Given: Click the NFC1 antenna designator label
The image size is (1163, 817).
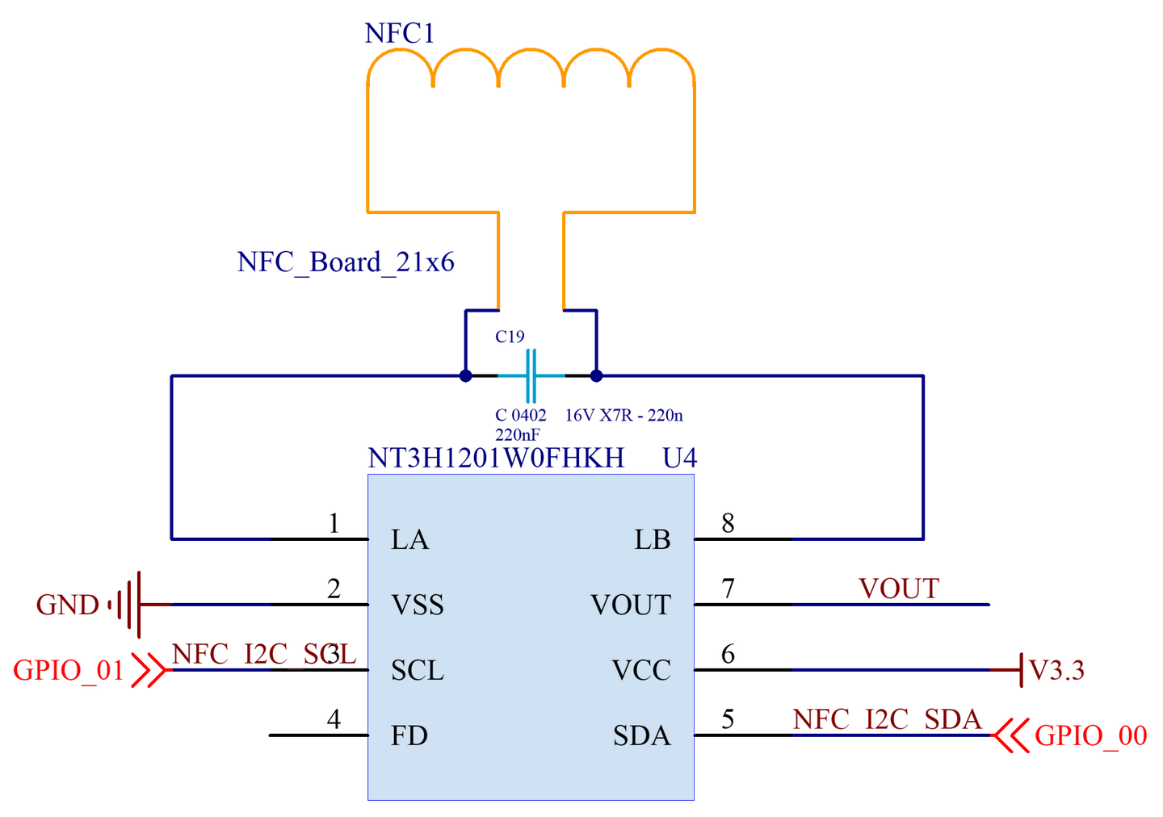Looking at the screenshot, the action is point(399,33).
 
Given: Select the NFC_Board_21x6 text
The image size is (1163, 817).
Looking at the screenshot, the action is point(346,262).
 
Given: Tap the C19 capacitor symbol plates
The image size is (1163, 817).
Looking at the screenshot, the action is point(531,375).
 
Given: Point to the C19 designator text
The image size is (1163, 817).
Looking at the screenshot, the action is point(510,337).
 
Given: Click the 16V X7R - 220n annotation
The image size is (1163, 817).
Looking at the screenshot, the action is point(623,415).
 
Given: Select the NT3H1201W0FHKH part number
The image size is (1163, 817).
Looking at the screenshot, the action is point(496,458).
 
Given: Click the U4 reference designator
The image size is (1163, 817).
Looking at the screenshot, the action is point(680,458).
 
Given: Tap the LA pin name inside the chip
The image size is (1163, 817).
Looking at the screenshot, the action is point(409,539).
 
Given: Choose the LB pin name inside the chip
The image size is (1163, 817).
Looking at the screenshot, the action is point(652,539).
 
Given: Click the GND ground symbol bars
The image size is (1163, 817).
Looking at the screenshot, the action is point(125,605).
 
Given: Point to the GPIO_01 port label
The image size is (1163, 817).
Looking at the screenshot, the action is point(68,670).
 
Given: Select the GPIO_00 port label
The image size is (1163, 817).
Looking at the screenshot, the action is point(1091,735).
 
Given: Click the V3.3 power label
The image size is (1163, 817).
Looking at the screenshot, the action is point(1056,670).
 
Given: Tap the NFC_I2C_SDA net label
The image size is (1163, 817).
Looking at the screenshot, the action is point(887,720).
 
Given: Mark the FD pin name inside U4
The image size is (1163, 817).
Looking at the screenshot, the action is point(409,735).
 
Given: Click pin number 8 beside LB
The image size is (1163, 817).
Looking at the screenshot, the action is point(728,523).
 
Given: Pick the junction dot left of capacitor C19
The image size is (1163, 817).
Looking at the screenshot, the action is point(466,375).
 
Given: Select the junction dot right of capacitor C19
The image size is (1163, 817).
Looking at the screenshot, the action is point(597,375).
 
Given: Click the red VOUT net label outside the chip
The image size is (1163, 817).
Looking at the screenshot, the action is point(899,589).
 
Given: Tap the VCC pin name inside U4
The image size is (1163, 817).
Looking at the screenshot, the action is point(641,670).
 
